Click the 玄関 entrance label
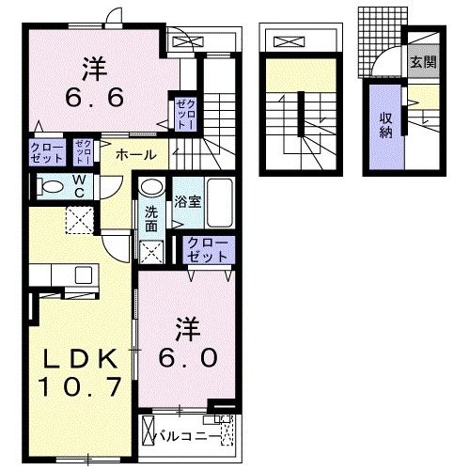[x=423, y=63]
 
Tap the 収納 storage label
[x=386, y=125]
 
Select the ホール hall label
[x=136, y=155]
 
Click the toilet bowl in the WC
[x=50, y=187]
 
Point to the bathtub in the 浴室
[x=220, y=203]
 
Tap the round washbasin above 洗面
[x=152, y=187]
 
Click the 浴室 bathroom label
[x=187, y=202]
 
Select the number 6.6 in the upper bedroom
[x=94, y=97]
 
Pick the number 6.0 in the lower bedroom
[x=188, y=358]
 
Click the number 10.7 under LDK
[x=80, y=386]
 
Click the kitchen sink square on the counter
[x=84, y=274]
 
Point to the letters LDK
[x=80, y=359]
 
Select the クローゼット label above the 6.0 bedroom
[x=207, y=250]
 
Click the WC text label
[x=79, y=186]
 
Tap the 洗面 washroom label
[x=151, y=219]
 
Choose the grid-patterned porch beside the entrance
[x=383, y=41]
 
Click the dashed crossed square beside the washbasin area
[x=152, y=252]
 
